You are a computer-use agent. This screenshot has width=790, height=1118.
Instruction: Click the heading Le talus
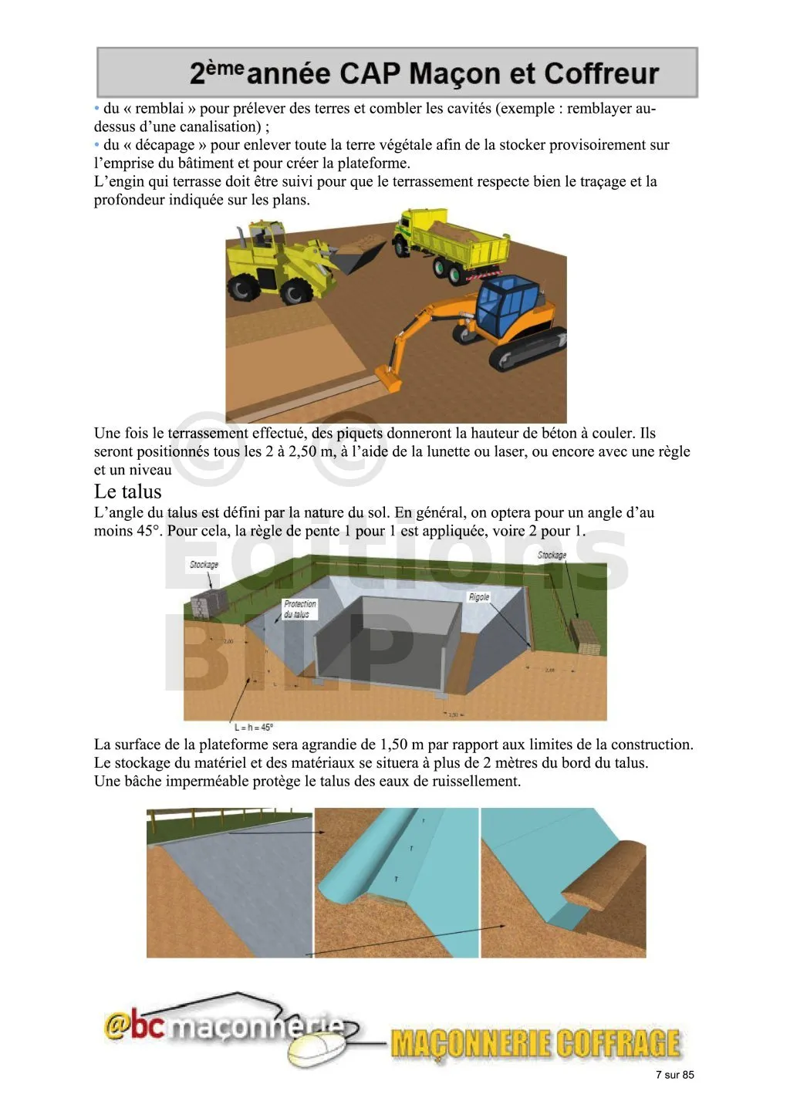(x=128, y=492)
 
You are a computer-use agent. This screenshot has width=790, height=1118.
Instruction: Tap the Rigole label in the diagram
(x=478, y=597)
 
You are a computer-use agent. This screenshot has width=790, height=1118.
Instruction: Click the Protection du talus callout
(x=299, y=609)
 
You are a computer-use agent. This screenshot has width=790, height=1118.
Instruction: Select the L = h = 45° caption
(x=254, y=727)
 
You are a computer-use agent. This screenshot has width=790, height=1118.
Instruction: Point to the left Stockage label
(x=204, y=565)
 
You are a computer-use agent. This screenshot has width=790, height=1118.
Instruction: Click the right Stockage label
(x=552, y=555)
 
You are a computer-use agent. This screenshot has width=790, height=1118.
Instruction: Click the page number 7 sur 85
(x=674, y=1075)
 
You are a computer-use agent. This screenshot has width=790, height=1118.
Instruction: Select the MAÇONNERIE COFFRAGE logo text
(x=535, y=1043)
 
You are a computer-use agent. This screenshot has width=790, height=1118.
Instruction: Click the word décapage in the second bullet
(x=164, y=145)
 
